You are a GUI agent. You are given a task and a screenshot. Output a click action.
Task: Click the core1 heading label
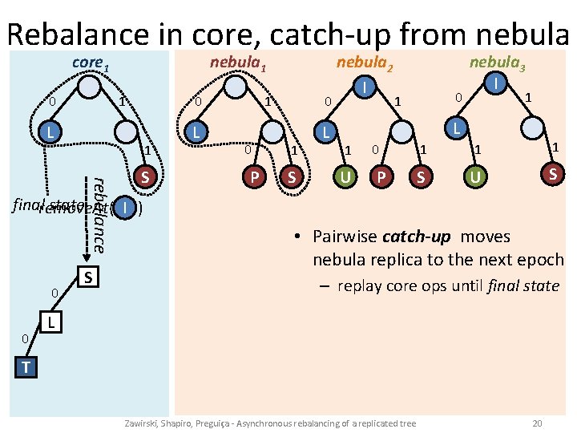(89, 63)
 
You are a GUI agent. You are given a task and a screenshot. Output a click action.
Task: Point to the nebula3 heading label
(497, 63)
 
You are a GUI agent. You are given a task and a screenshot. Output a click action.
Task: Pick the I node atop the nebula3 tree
(498, 83)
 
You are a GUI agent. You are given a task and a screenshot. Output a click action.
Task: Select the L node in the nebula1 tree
(196, 131)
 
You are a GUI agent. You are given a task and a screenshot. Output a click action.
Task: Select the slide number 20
(538, 422)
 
